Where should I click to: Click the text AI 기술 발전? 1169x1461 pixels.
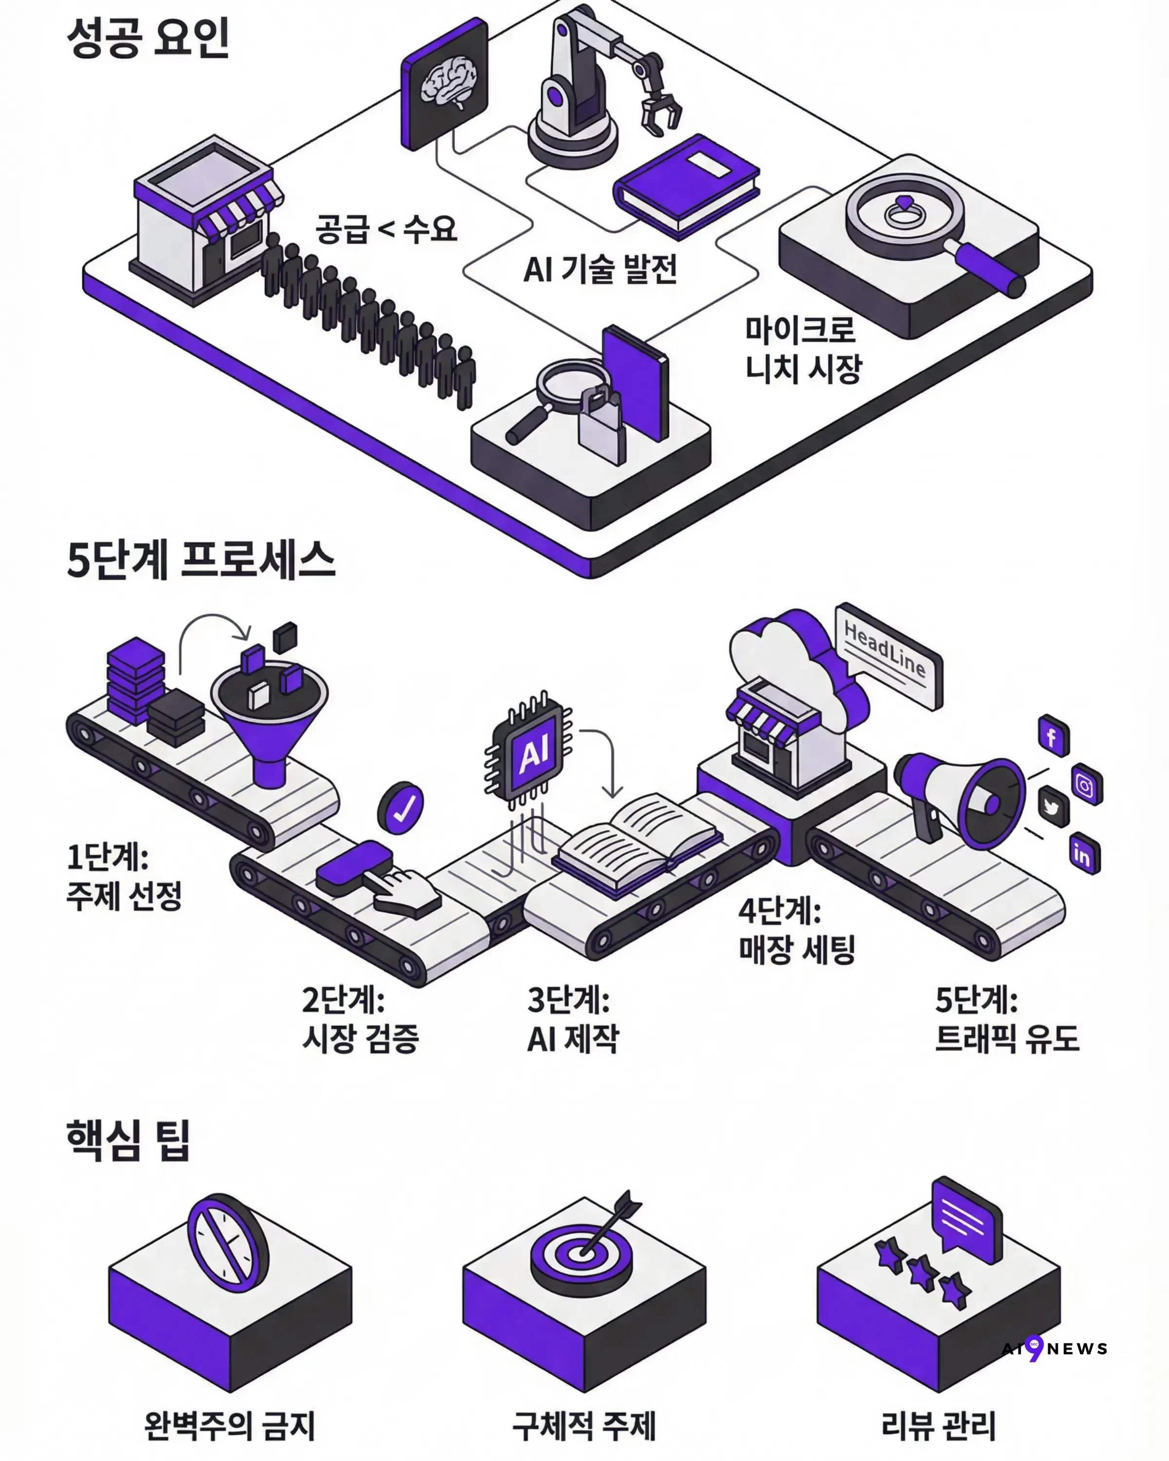click(x=600, y=269)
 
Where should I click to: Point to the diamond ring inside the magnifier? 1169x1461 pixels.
click(x=905, y=211)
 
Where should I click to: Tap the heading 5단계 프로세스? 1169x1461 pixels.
click(x=201, y=561)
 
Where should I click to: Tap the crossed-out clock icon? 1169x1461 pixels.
click(x=227, y=1247)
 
